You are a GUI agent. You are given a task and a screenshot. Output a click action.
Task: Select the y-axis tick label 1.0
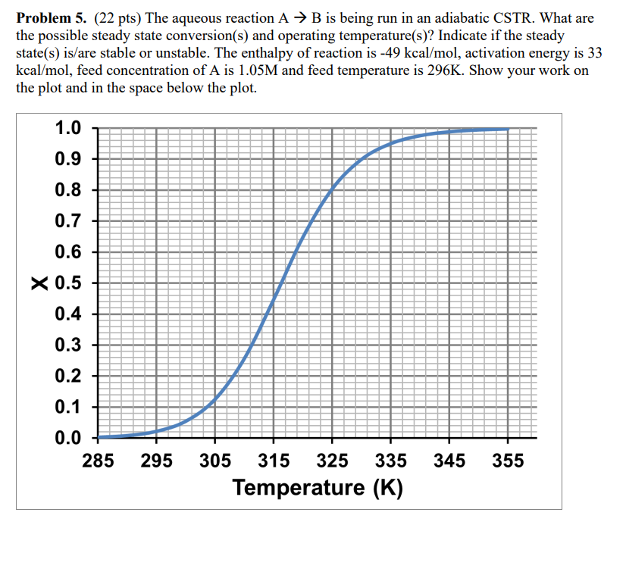pos(68,128)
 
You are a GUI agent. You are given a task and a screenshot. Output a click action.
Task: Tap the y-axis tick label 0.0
pos(68,438)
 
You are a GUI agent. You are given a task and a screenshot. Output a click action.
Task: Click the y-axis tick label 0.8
pos(68,190)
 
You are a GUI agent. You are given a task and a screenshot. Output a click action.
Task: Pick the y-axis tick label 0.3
pos(68,345)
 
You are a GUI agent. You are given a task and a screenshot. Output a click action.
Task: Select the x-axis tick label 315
pos(274,460)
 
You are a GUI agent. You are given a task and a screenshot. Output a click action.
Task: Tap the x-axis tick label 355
pos(508,460)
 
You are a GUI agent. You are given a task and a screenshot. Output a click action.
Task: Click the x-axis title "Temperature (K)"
pos(318,486)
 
